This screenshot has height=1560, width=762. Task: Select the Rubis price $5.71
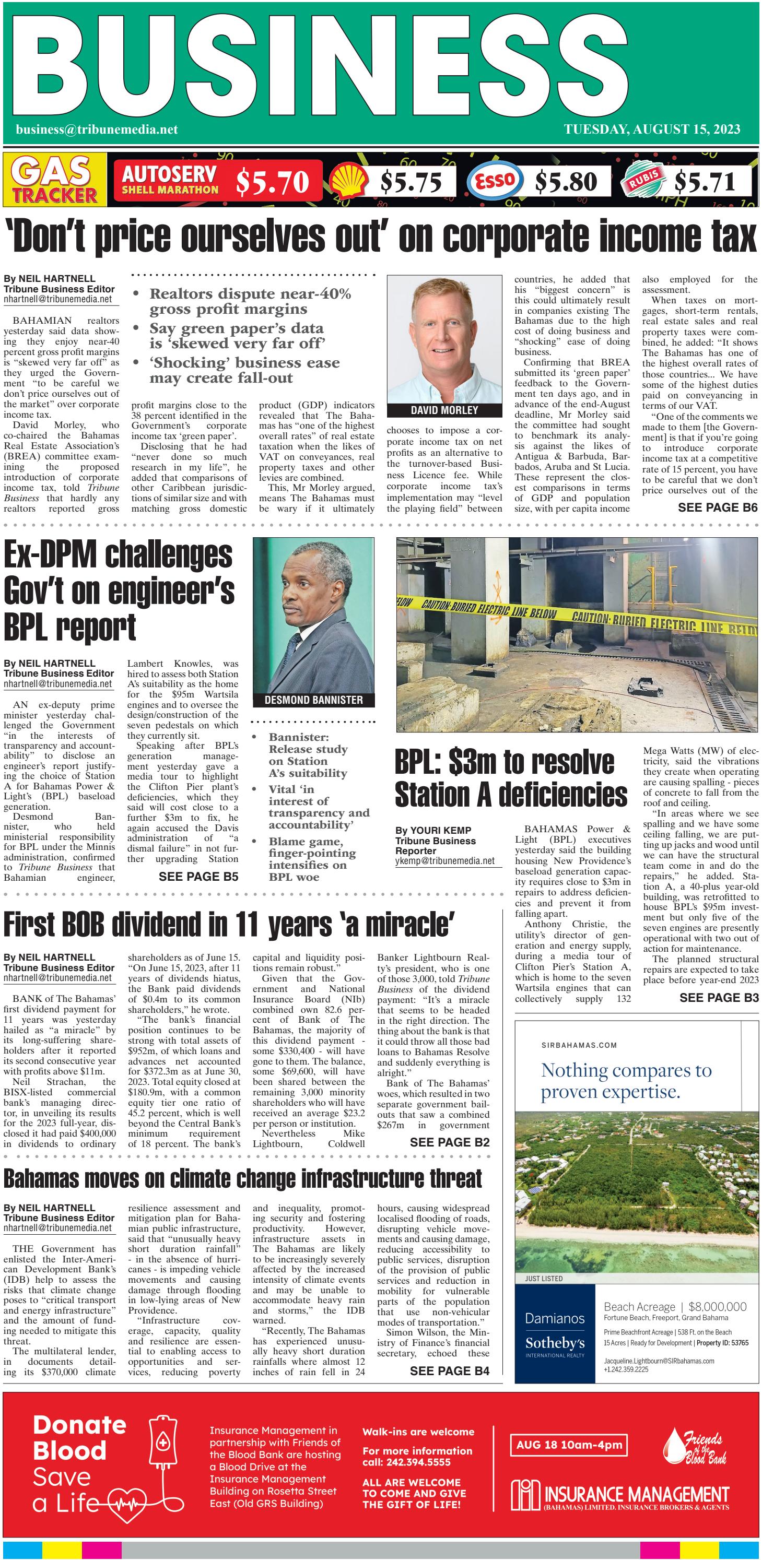[x=705, y=181]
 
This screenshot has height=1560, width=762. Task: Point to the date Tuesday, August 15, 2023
[x=652, y=129]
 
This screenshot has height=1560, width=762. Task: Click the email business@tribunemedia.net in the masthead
[x=97, y=129]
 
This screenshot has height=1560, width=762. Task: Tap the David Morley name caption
[x=444, y=410]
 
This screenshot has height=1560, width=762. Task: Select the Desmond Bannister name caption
[x=313, y=700]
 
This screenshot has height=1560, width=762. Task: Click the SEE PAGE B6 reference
[x=717, y=507]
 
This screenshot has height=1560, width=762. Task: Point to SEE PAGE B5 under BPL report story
[x=198, y=876]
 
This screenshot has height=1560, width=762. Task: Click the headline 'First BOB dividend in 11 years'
[x=229, y=925]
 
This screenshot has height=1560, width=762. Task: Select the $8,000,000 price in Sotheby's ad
[x=717, y=1306]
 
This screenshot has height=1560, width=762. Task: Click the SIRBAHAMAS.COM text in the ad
[x=579, y=1045]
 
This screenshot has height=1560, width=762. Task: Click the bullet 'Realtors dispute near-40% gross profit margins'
[x=250, y=301]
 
